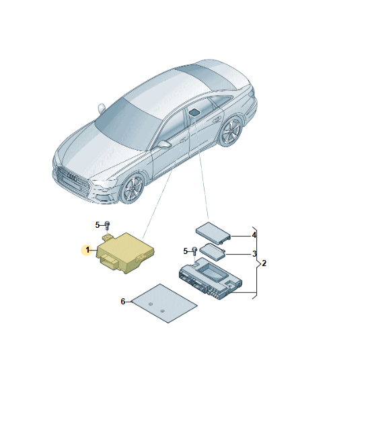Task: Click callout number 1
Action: click(x=87, y=249)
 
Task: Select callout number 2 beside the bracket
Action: click(x=264, y=263)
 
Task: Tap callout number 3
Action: click(x=254, y=254)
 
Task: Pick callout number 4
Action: click(x=254, y=235)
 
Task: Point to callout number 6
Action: click(x=123, y=302)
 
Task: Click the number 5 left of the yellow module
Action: click(x=97, y=224)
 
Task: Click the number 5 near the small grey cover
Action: click(x=185, y=251)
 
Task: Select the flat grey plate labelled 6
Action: click(x=164, y=302)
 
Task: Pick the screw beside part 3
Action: click(x=194, y=252)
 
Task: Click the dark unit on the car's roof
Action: click(x=194, y=111)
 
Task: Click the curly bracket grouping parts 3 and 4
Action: click(x=257, y=262)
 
